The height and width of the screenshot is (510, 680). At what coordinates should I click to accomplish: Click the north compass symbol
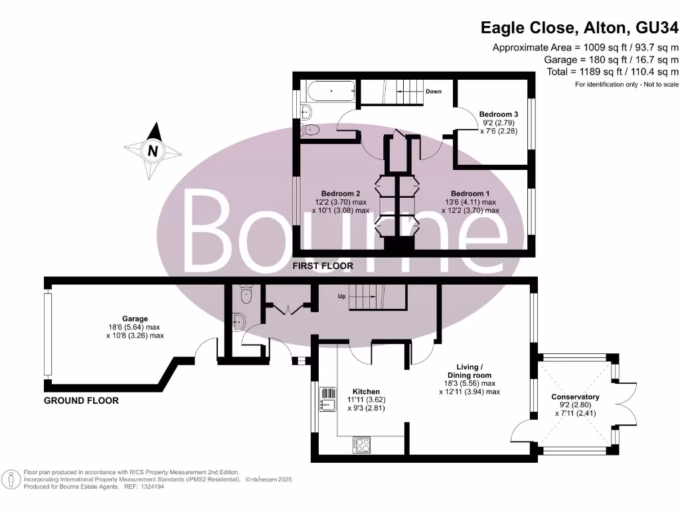(153, 151)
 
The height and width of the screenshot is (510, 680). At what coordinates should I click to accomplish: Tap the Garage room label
(135, 319)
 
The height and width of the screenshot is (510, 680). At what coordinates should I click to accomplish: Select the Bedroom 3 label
(498, 114)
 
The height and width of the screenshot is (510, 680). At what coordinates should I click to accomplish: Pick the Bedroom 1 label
(470, 194)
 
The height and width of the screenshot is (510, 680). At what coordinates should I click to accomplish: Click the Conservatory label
(575, 397)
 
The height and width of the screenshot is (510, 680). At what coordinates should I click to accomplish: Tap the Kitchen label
(366, 392)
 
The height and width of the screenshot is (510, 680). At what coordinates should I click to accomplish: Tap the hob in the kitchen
(361, 444)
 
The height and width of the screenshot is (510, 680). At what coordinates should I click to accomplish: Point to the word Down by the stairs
(434, 92)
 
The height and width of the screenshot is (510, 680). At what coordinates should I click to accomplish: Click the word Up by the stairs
(343, 296)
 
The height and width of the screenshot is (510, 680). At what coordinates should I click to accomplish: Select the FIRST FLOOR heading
(323, 266)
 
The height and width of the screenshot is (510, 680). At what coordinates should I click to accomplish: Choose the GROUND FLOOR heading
(81, 400)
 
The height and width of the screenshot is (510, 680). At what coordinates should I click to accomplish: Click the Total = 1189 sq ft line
(612, 72)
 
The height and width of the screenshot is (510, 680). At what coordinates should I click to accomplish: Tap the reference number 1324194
(150, 487)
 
